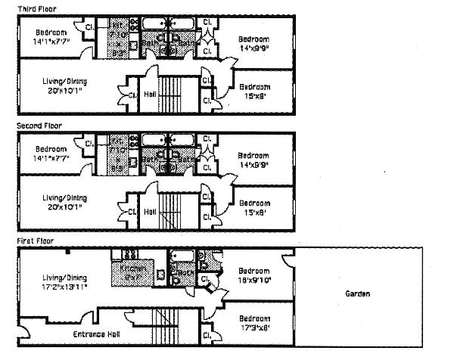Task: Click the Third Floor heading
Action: coord(35,8)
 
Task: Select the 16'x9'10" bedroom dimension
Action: coord(254,279)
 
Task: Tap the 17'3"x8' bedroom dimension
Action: coord(254,327)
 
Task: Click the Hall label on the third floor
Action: coord(149,95)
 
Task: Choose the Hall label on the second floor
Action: coord(149,211)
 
